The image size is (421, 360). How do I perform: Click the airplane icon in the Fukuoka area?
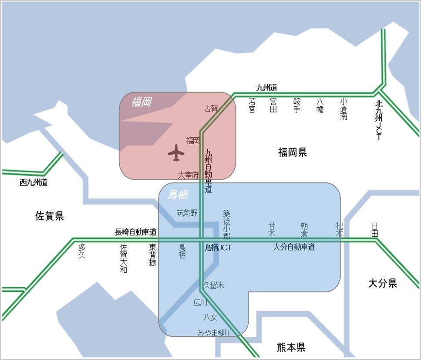pyautogui.click(x=176, y=153)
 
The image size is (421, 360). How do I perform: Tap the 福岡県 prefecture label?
pyautogui.click(x=293, y=152)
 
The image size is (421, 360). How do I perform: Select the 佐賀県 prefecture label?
pyautogui.click(x=50, y=216)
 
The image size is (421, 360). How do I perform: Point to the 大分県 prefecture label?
pyautogui.click(x=383, y=283)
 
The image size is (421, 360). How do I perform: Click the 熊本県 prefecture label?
pyautogui.click(x=291, y=347)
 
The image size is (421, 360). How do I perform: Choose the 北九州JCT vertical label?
pyautogui.click(x=379, y=120)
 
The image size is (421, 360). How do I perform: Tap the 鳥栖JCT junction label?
pyautogui.click(x=218, y=248)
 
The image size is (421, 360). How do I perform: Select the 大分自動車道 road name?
pyautogui.click(x=294, y=247)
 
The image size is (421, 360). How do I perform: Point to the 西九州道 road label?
pyautogui.click(x=34, y=183)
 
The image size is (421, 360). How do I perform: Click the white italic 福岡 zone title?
pyautogui.click(x=142, y=103)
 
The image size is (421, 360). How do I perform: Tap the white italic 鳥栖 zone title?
pyautogui.click(x=178, y=195)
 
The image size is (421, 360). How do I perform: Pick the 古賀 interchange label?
pyautogui.click(x=211, y=109)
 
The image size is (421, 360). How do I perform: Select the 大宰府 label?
pyautogui.click(x=188, y=175)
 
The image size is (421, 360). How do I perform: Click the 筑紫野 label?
pyautogui.click(x=187, y=213)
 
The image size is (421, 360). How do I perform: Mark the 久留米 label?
pyautogui.click(x=214, y=285)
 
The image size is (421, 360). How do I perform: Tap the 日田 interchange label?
pyautogui.click(x=375, y=230)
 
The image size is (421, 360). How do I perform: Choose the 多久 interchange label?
pyautogui.click(x=82, y=251)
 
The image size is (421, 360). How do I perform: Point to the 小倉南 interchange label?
pyautogui.click(x=344, y=109)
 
